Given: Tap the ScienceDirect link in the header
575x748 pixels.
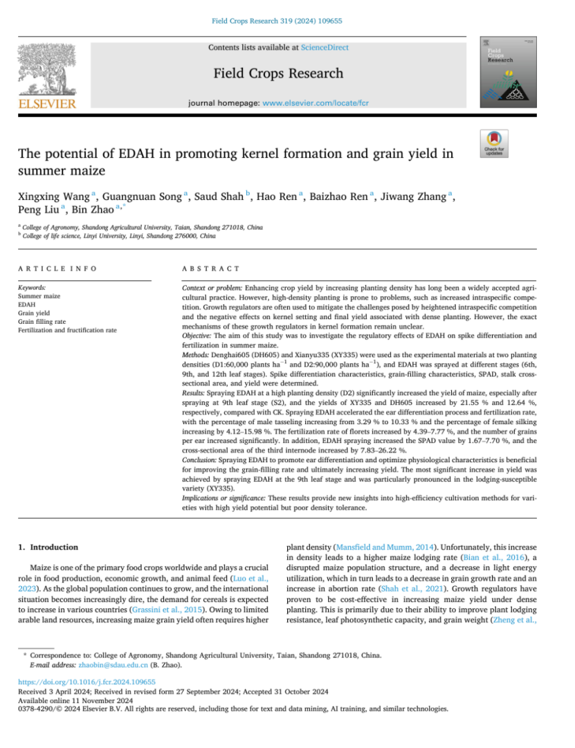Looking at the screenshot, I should pos(325,47).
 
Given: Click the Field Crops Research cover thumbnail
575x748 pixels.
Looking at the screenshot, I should pos(501,73).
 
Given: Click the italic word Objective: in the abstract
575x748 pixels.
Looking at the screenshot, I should pos(197,335).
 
